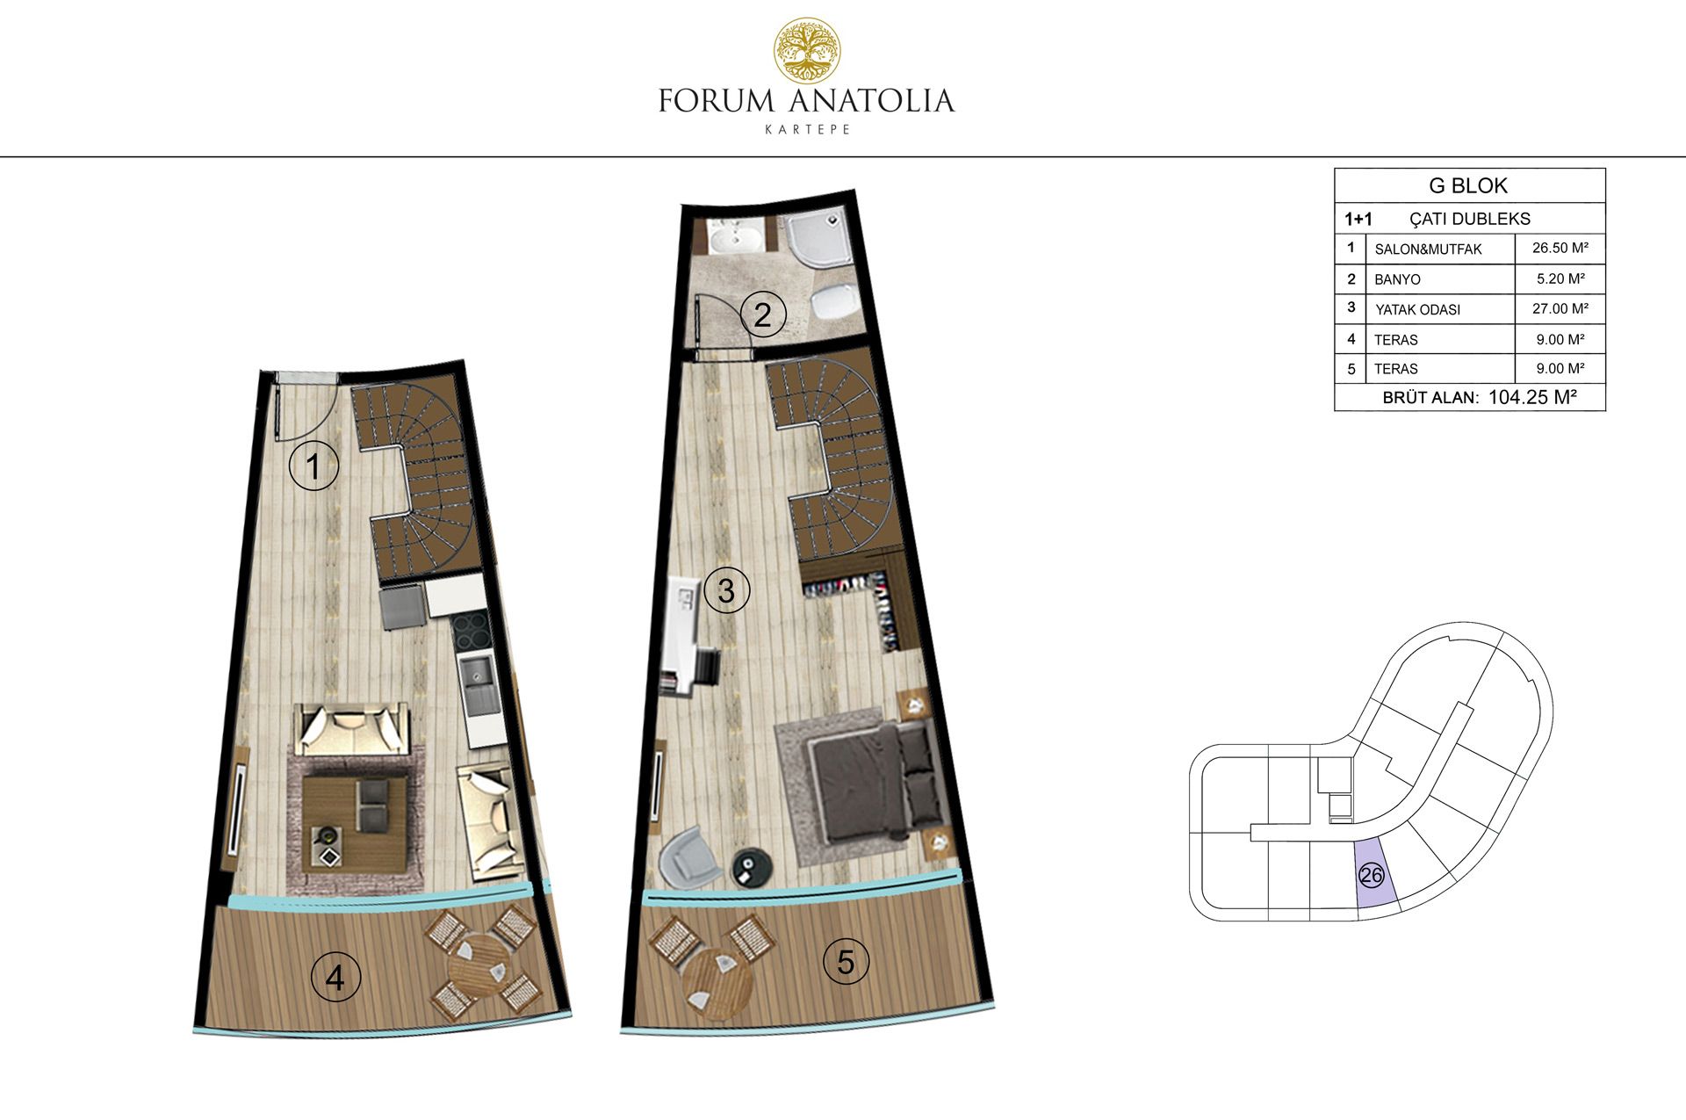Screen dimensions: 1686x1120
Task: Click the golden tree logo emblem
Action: coord(806,51)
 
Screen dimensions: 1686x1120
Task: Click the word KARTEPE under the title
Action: coord(807,129)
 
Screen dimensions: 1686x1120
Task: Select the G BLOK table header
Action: coord(1468,185)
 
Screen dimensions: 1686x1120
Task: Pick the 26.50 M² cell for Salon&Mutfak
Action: coord(1560,248)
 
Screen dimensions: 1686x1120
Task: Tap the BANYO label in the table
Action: coord(1397,279)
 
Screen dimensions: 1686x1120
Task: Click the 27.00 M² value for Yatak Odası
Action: coord(1560,308)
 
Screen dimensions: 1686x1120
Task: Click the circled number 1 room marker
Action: coord(313,466)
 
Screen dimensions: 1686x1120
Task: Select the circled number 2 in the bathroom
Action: coord(762,314)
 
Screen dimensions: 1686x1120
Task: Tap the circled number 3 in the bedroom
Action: coord(725,590)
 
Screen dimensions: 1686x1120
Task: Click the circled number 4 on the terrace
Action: coord(335,977)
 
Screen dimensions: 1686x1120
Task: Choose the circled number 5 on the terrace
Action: coord(846,961)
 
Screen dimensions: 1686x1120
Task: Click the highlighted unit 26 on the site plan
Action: coord(1372,875)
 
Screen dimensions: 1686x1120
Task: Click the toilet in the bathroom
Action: coord(832,303)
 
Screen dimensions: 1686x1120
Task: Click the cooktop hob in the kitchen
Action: coord(472,631)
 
